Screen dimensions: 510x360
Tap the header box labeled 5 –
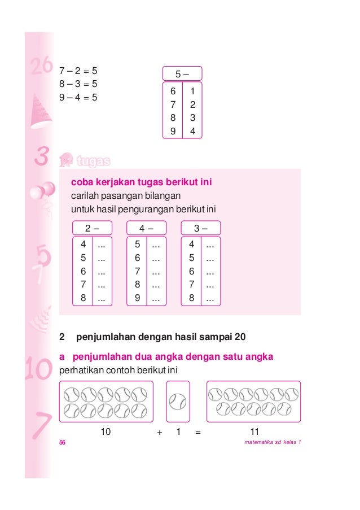pos(182,74)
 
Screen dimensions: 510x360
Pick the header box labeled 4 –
pos(147,228)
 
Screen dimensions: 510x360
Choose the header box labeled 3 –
pos(200,228)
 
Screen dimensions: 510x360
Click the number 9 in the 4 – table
pos(137,298)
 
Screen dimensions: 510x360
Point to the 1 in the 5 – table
pos(192,91)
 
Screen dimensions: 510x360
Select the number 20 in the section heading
pos(240,338)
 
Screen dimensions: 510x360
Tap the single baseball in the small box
pos(178,402)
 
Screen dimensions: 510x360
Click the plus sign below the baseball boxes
pos(160,433)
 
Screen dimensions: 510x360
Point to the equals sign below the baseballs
pos(197,433)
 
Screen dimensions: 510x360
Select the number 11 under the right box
pos(254,432)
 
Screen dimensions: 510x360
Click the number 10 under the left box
pos(105,432)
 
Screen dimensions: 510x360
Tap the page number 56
pos(63,442)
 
